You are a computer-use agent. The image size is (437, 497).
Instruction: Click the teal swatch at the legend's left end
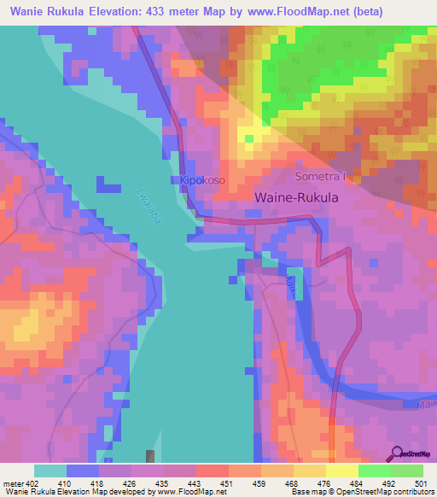click(50, 471)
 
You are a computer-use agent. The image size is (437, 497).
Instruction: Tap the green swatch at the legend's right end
click(406, 471)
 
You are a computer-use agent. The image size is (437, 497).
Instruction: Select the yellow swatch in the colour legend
click(341, 471)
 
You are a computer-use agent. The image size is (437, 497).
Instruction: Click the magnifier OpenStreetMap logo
click(398, 453)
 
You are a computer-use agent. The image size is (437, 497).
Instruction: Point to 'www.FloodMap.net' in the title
click(290, 12)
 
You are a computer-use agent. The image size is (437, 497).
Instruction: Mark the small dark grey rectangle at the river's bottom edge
click(151, 457)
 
